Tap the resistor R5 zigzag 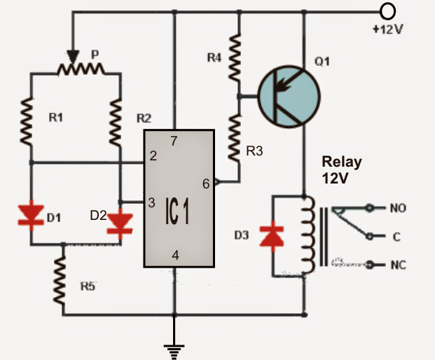tap(62, 281)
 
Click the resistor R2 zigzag tap(120, 119)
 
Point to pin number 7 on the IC tap(174, 141)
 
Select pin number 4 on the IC tap(175, 256)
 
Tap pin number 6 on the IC tap(205, 184)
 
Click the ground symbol tap(174, 348)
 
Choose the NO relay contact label tap(398, 209)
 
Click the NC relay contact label tap(398, 265)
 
